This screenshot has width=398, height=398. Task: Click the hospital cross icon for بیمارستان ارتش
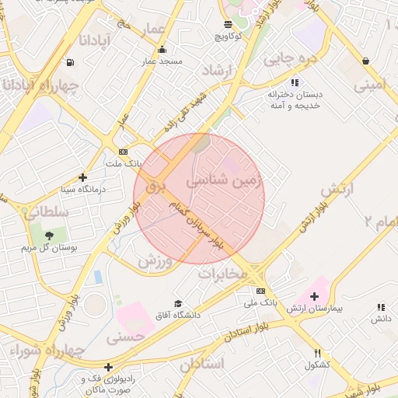(x=314, y=296)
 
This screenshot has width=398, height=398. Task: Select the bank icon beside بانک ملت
(x=123, y=152)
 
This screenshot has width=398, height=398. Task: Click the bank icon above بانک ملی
(x=260, y=290)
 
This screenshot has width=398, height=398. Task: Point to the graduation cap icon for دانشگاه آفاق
(x=178, y=304)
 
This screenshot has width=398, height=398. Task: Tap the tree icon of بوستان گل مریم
(x=50, y=235)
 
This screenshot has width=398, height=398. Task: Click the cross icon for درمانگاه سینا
(x=83, y=177)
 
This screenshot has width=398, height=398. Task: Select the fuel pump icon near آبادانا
(x=71, y=62)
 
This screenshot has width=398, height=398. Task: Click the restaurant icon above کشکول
(x=317, y=352)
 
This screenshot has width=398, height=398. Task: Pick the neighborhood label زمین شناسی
(x=225, y=183)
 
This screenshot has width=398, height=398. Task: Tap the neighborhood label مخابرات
(x=223, y=274)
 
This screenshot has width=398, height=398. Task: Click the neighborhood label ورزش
(x=155, y=260)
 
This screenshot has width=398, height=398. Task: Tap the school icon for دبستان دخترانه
(x=295, y=82)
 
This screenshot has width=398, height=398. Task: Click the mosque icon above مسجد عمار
(x=162, y=51)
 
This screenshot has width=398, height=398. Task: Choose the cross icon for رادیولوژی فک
(x=108, y=367)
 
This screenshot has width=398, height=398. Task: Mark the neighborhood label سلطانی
(x=47, y=211)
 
